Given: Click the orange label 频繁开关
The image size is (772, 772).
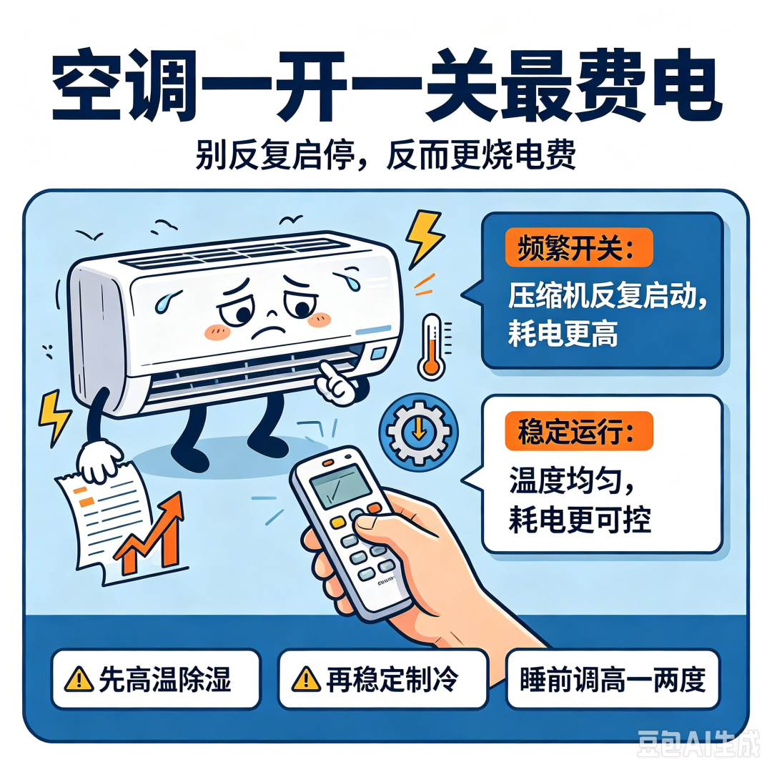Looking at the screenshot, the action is click(578, 247).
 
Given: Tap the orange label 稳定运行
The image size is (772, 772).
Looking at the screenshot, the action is click(578, 431).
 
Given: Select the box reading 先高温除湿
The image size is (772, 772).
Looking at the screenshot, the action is click(156, 679).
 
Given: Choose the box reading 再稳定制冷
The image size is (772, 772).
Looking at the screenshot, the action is click(382, 679).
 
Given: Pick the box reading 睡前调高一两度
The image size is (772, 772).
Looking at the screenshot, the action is click(613, 679).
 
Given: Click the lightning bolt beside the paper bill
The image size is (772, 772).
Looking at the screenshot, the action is click(54, 417).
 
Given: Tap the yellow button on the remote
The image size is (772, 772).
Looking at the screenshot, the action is click(337, 522).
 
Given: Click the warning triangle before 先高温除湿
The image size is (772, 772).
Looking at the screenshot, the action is click(79, 680).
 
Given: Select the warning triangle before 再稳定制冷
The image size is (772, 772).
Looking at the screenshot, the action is click(306, 680).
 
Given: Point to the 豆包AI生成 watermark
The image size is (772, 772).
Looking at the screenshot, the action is click(698, 744).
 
